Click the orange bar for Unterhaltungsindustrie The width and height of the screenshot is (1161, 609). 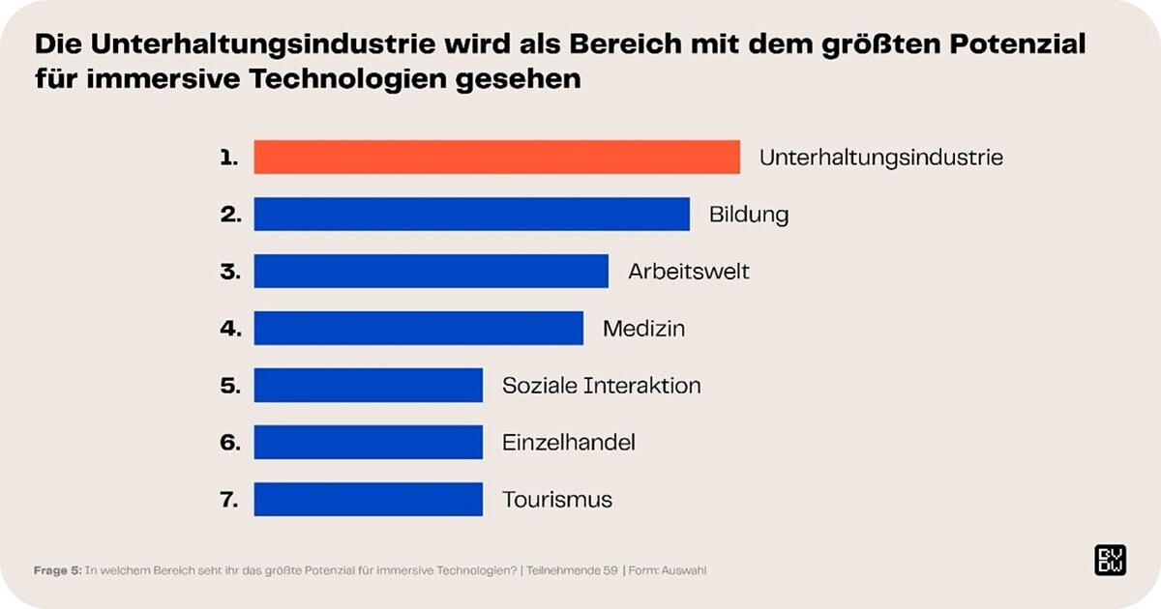coord(496,157)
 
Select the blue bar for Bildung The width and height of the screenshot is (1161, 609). coord(471,214)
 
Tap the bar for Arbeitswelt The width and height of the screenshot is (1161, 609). coord(431,271)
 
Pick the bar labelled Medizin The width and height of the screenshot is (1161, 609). coord(418,328)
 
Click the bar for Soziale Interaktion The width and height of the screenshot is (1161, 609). coord(368,385)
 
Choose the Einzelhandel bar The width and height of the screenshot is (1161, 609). coord(368,442)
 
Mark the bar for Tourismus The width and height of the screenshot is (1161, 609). coord(368,499)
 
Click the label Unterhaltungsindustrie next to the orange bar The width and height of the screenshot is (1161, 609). coord(880,157)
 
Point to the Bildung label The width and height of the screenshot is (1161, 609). coord(748,214)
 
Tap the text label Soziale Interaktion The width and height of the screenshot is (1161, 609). coord(601,385)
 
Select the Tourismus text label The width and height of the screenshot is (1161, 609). coord(556,500)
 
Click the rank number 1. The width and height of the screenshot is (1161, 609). coord(228,157)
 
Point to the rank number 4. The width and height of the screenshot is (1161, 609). coord(229,328)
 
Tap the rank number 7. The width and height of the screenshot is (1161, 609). coord(229,500)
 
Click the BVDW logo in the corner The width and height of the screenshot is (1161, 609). coord(1110,561)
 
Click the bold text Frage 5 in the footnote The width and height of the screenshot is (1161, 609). coord(57,570)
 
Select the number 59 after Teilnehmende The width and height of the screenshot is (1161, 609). coord(610,570)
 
